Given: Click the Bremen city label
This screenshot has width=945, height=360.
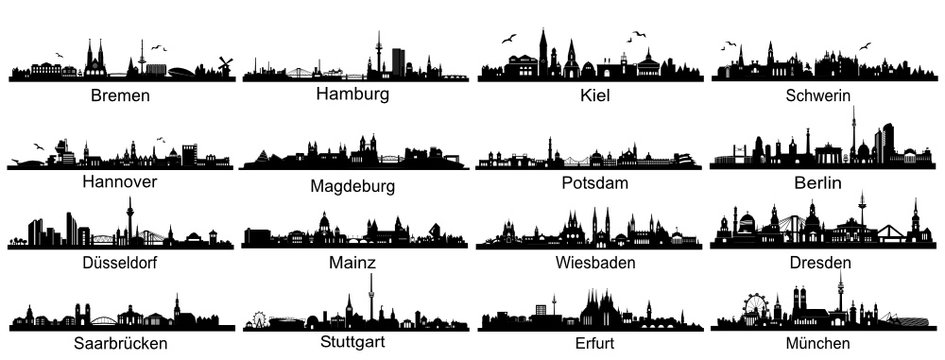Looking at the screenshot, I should tap(120, 96).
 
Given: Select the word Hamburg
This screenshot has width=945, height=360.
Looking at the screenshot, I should tap(352, 94).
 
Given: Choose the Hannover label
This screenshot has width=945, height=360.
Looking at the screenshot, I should tap(120, 182).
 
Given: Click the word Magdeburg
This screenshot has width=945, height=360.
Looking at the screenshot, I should tap(352, 186).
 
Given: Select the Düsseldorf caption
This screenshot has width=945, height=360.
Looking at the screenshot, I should tap(120, 263).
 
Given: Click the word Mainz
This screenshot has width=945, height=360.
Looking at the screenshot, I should tap(352, 263).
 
